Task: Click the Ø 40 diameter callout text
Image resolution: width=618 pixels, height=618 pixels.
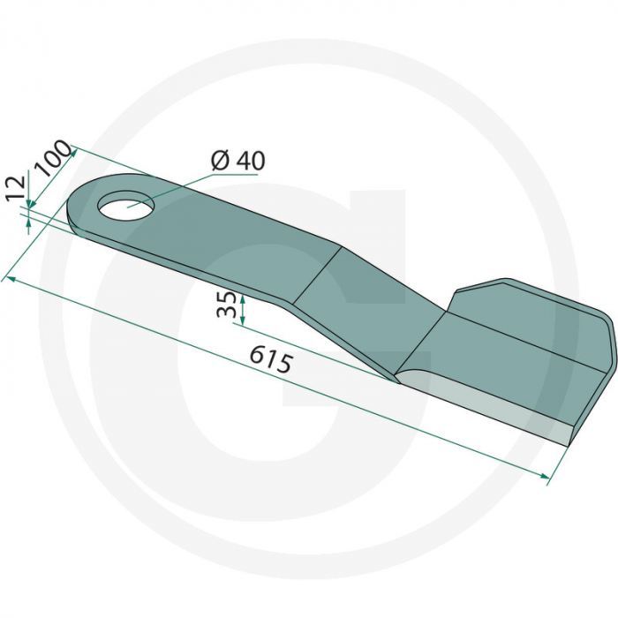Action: (x=237, y=161)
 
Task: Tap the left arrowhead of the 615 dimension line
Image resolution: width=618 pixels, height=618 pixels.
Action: (x=9, y=279)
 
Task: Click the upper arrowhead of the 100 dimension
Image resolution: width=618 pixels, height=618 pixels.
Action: (x=74, y=151)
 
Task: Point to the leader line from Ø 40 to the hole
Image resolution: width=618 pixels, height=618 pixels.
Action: (x=177, y=187)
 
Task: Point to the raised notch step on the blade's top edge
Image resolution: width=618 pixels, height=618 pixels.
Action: (x=455, y=300)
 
